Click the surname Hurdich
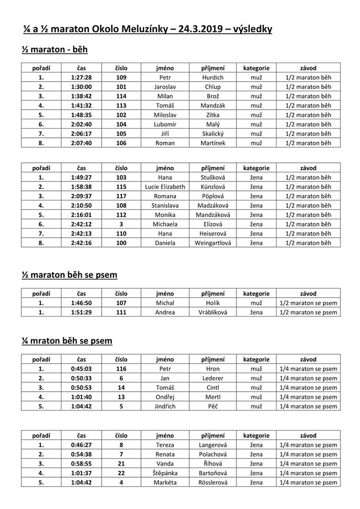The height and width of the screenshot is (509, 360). tap(213, 77)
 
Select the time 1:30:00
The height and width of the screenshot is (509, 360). tap(81, 86)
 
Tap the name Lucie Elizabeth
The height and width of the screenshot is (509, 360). tap(165, 187)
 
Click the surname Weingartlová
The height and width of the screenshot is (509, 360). tap(213, 243)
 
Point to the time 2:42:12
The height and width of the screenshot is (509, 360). tap(81, 224)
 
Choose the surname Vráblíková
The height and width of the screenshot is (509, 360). tap(213, 312)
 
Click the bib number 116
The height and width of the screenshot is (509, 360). tap(121, 368)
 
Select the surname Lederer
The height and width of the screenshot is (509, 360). tap(213, 378)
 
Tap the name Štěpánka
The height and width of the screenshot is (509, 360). tap(165, 473)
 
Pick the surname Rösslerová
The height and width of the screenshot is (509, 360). tap(213, 482)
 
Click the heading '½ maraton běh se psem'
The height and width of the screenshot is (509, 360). tap(69, 275)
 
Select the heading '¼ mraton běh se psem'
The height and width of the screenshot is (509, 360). tap(67, 340)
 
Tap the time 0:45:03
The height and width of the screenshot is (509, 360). tap(81, 368)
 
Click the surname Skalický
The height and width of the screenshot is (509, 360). tap(213, 134)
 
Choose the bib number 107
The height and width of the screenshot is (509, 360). tap(121, 303)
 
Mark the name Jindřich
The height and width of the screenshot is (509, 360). tap(165, 406)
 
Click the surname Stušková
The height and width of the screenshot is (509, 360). tap(213, 177)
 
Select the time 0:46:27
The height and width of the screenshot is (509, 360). tap(81, 445)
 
